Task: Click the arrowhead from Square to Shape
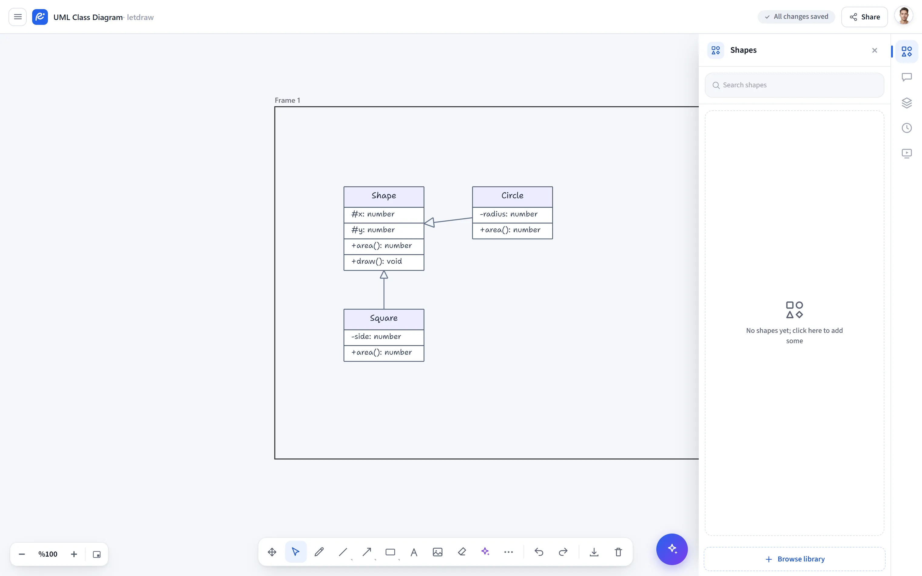[384, 274]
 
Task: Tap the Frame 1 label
[287, 100]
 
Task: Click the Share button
[864, 17]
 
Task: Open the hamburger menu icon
[18, 17]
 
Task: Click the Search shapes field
[794, 85]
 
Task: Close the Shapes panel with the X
[874, 50]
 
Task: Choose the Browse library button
[794, 559]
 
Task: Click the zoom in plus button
[74, 554]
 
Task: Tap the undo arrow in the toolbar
[539, 552]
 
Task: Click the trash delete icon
[618, 552]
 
